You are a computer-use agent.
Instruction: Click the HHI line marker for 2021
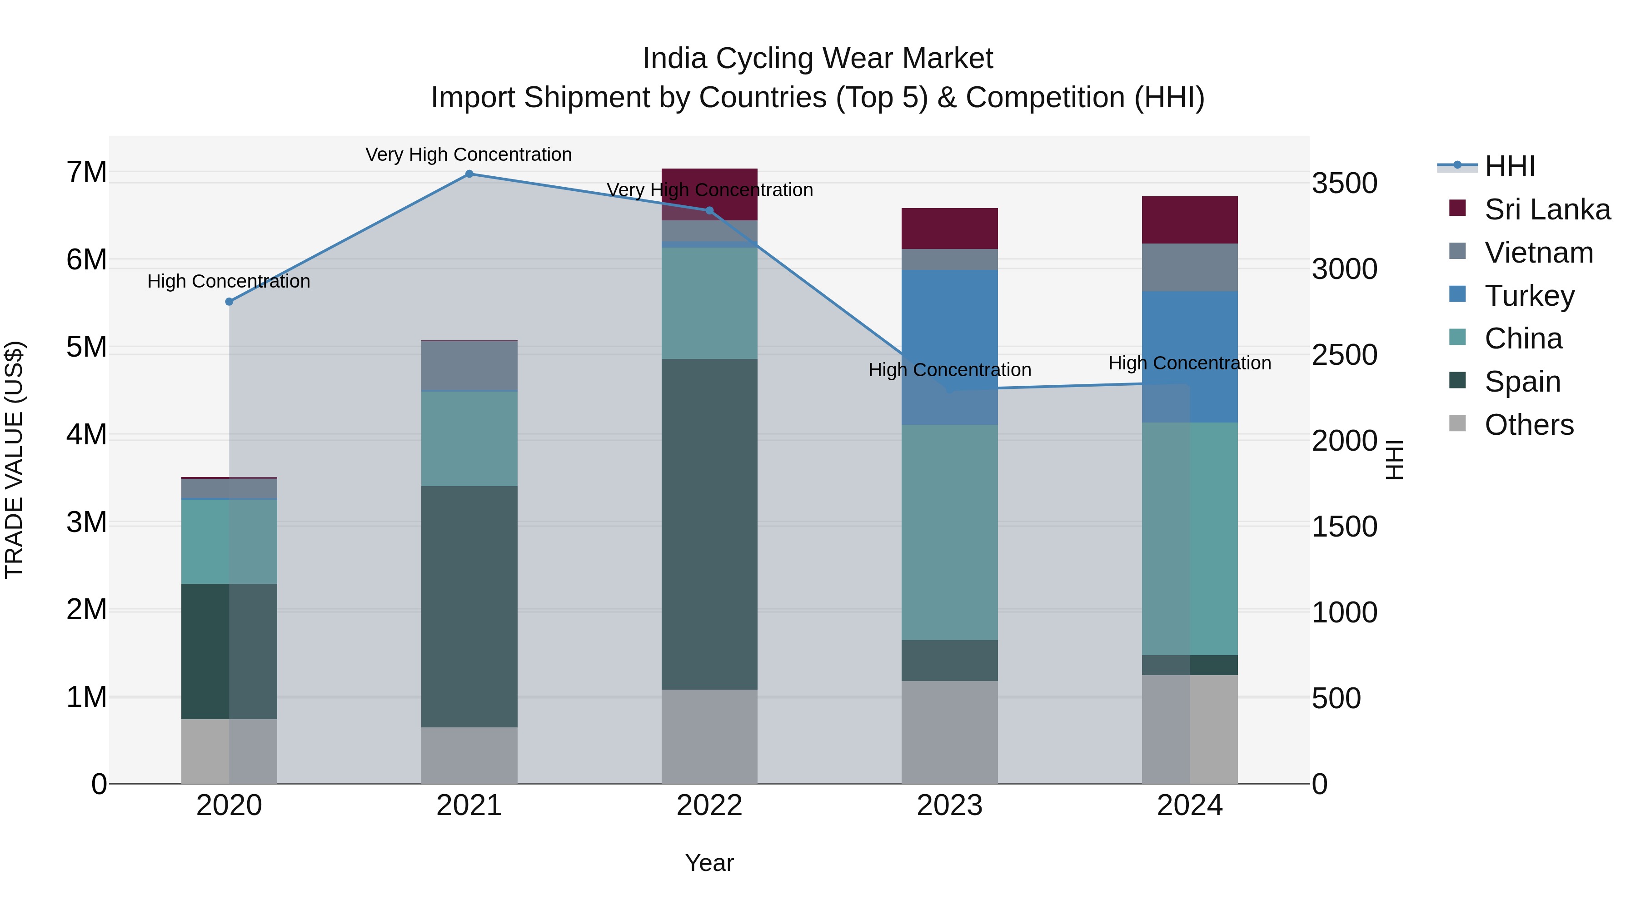pos(469,174)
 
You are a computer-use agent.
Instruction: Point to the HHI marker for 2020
pos(229,302)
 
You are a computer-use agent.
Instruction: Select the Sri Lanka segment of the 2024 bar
pos(1190,220)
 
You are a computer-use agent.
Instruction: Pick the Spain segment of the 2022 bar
pos(709,524)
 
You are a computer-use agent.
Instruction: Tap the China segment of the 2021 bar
pos(469,438)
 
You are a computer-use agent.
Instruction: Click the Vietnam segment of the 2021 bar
pos(469,365)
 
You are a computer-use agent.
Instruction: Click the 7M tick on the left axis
pos(86,172)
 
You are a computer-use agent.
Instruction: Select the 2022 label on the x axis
pos(709,806)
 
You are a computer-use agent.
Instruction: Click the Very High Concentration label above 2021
pos(469,154)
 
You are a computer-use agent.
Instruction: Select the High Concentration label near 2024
pos(1190,363)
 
